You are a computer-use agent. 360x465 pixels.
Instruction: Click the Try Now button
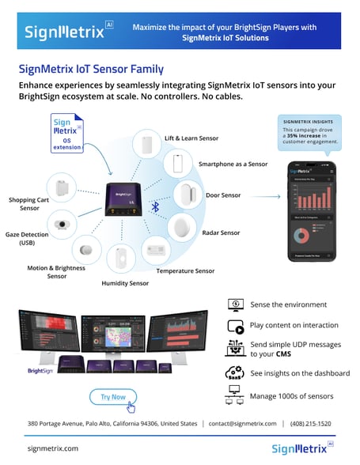(x=113, y=396)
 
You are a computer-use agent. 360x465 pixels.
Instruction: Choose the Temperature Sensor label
(x=185, y=270)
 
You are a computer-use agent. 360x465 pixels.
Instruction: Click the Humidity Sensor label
(x=124, y=282)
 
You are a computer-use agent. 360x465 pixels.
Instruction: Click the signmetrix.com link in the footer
(x=52, y=448)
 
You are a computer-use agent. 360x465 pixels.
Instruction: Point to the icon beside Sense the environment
(x=235, y=304)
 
